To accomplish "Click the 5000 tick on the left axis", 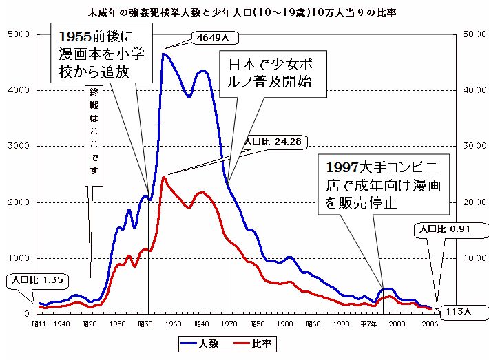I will pos(19,34).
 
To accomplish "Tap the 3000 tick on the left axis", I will pos(19,147).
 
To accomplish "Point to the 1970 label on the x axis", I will pos(229,323).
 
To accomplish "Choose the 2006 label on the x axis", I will pos(429,323).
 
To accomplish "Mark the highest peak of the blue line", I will pos(163,54).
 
